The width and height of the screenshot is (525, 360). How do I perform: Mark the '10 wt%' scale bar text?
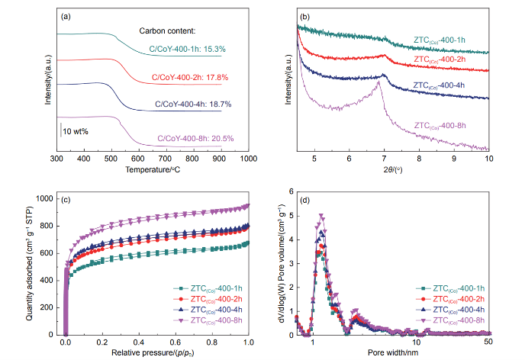(76, 131)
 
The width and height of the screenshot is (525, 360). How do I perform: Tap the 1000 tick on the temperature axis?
(248, 159)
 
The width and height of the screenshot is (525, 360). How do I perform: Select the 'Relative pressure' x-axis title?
(157, 353)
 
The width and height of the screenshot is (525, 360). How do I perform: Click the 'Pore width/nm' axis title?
(392, 353)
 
